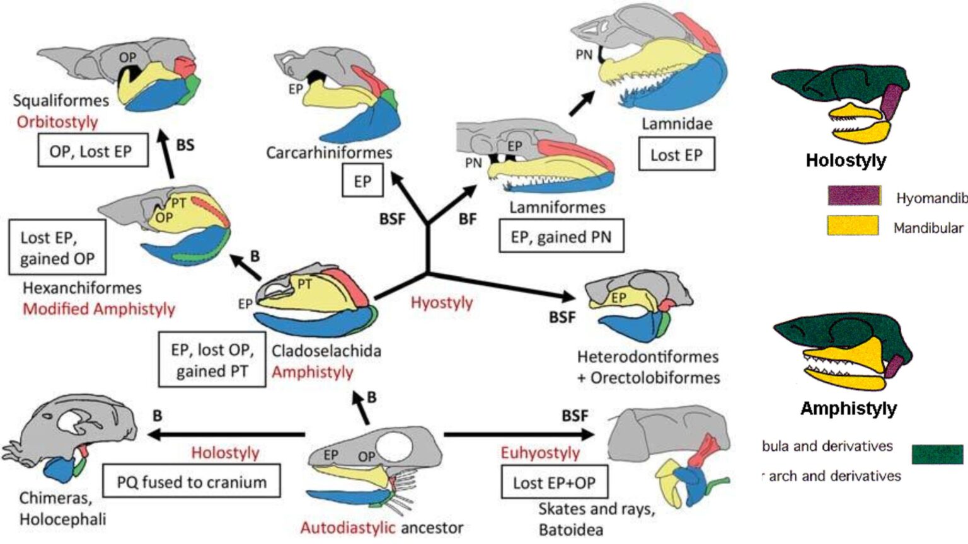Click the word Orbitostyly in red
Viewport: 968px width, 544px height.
[x=57, y=122]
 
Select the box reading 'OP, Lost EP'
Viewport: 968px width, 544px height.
[x=93, y=150]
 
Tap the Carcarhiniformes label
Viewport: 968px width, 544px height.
[x=328, y=152]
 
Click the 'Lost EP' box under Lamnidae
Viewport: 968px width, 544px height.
[x=676, y=155]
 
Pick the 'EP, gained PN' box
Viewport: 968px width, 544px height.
[x=561, y=236]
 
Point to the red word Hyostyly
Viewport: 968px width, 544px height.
[x=441, y=302]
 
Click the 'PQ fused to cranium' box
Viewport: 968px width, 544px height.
[x=191, y=482]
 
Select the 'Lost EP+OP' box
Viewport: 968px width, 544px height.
[x=554, y=482]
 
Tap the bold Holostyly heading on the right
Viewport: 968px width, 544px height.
[x=845, y=161]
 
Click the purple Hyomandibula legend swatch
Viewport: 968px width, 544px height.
[x=853, y=196]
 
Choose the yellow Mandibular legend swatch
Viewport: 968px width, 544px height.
[x=853, y=225]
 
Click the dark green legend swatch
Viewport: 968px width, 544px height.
[x=937, y=453]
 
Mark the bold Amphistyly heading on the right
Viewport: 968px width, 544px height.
[x=848, y=409]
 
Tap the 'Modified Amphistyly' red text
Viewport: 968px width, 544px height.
[x=99, y=309]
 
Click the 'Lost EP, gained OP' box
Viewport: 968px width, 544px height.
[x=57, y=247]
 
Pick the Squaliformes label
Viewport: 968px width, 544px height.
[x=60, y=100]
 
